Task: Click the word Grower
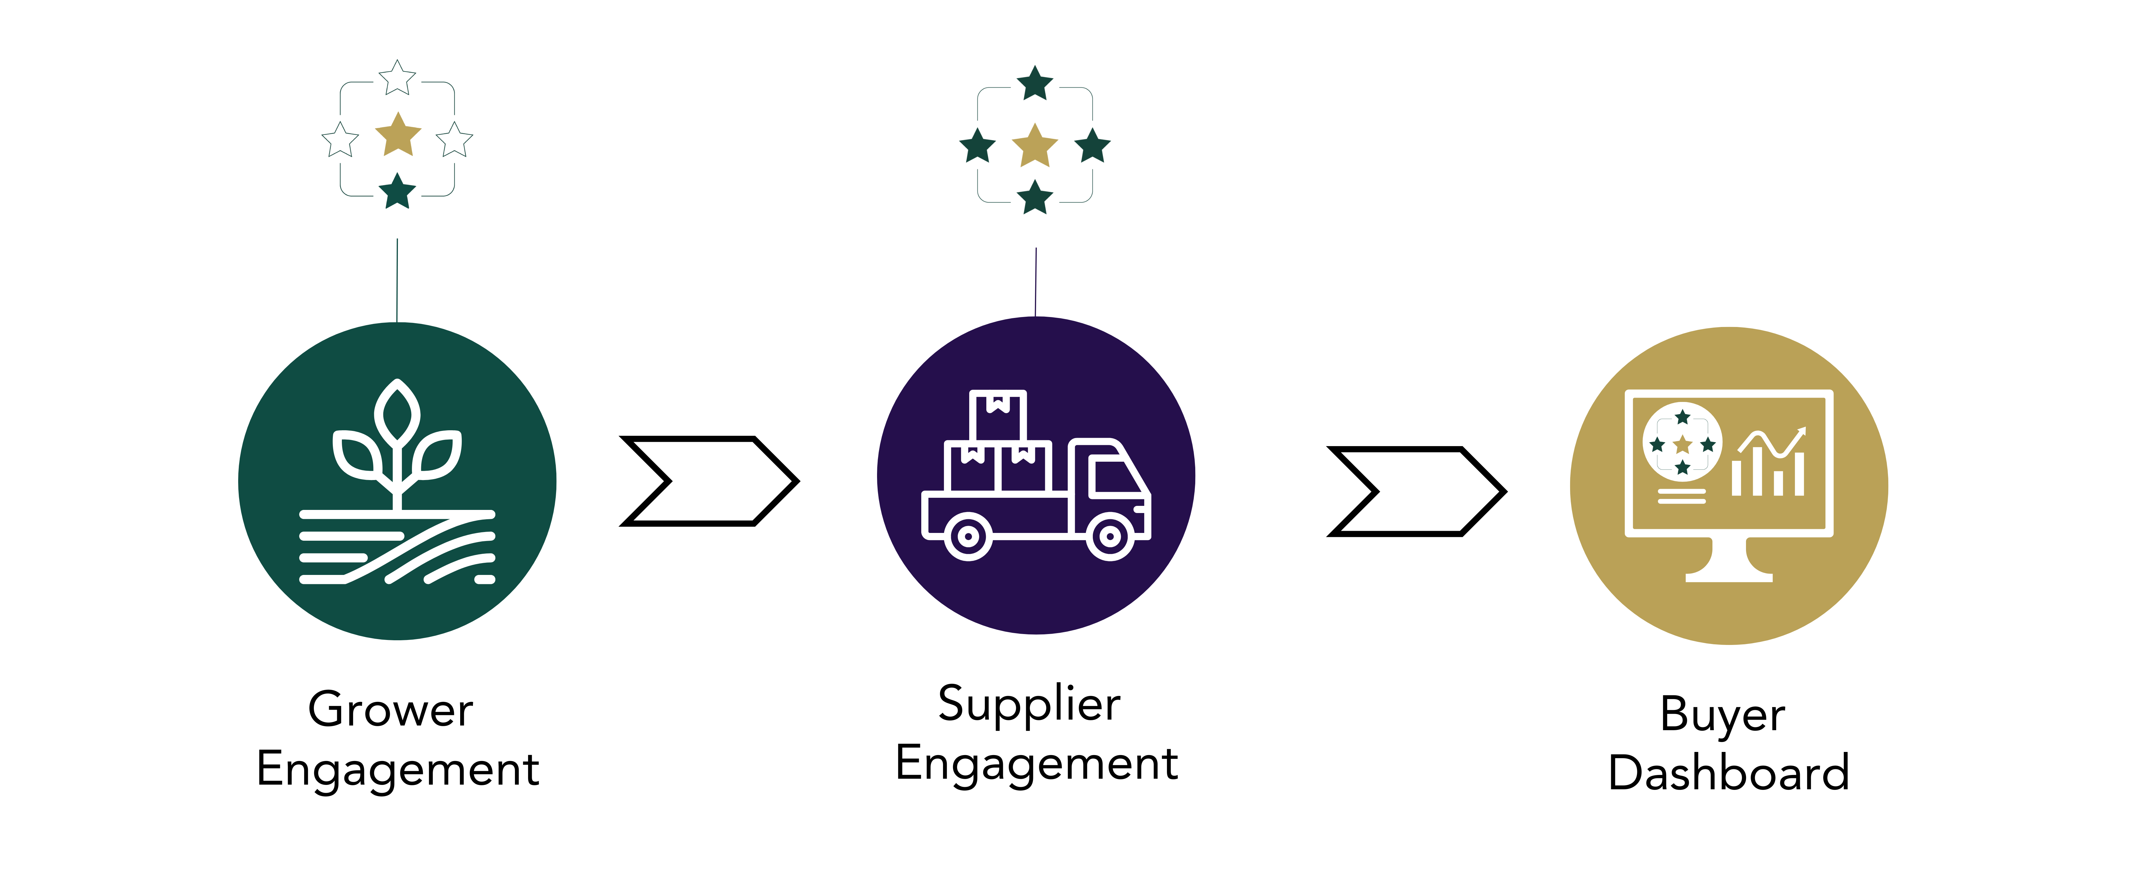(390, 711)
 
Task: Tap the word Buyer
(1723, 715)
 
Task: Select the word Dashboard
(1729, 772)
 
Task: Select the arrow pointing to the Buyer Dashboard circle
(1417, 491)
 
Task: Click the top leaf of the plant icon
(398, 412)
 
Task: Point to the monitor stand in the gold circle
(1729, 561)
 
